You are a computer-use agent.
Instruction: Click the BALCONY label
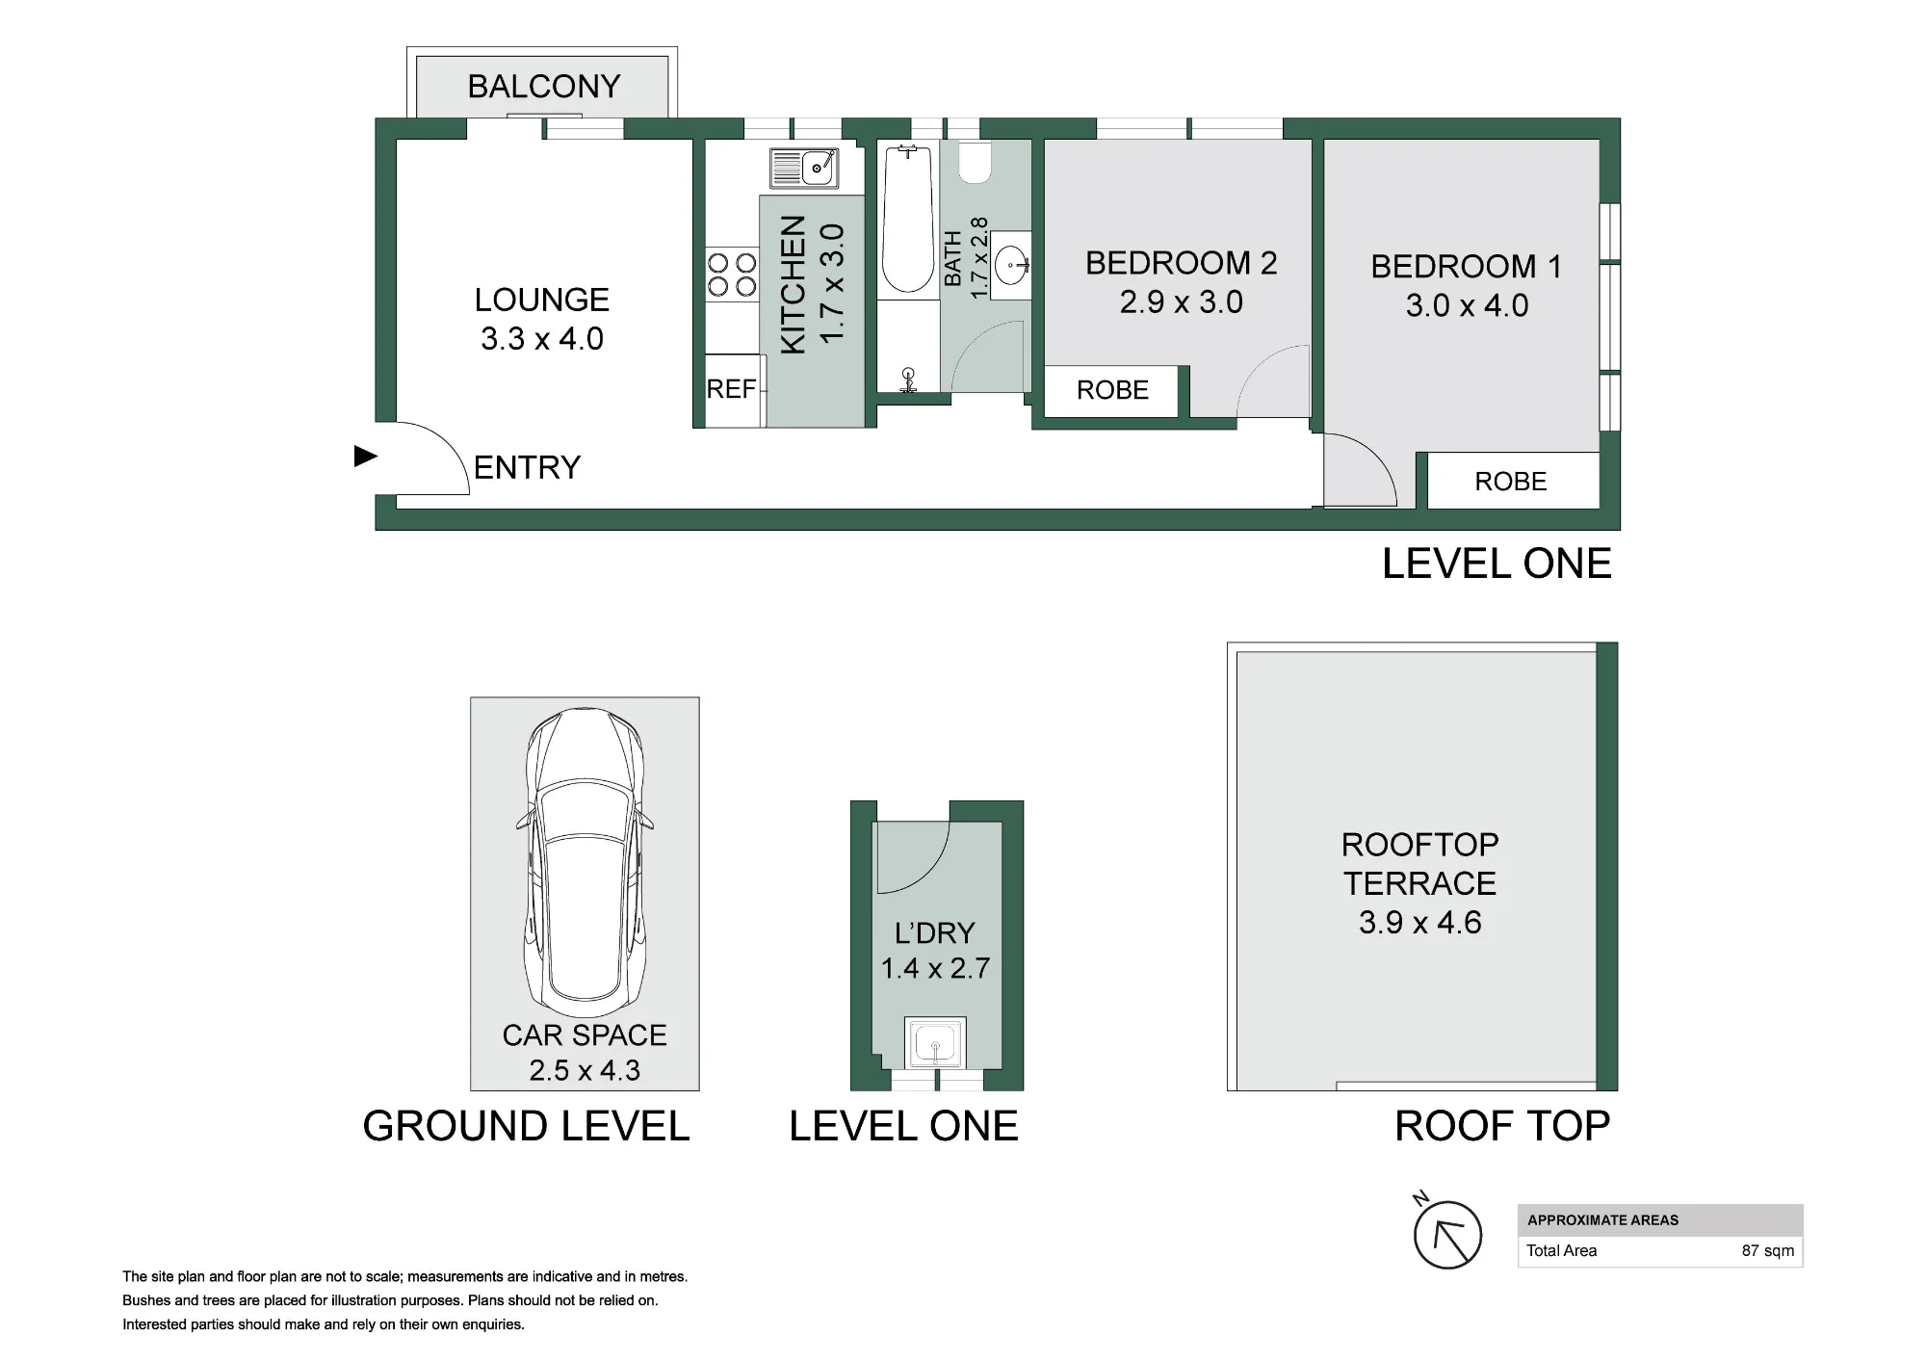pyautogui.click(x=544, y=87)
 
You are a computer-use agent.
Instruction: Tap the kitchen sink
pyautogui.click(x=804, y=168)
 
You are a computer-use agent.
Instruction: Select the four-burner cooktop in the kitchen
pyautogui.click(x=732, y=274)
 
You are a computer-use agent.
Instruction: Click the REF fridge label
pyautogui.click(x=731, y=389)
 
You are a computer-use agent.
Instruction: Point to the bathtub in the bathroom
pyautogui.click(x=908, y=219)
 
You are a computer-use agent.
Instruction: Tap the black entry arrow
pyautogui.click(x=366, y=457)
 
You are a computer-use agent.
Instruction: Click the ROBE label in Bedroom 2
pyautogui.click(x=1112, y=390)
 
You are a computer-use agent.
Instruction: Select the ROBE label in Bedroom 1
pyautogui.click(x=1510, y=482)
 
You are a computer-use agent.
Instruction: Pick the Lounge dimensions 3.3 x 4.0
pyautogui.click(x=542, y=339)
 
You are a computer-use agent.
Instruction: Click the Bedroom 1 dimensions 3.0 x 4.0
pyautogui.click(x=1467, y=305)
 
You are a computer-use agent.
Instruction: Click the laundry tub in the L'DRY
pyautogui.click(x=935, y=1043)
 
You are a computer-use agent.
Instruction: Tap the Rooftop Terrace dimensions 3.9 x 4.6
pyautogui.click(x=1419, y=923)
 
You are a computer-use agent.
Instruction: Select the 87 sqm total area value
pyautogui.click(x=1768, y=1251)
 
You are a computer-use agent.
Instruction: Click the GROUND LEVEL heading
pyautogui.click(x=526, y=1126)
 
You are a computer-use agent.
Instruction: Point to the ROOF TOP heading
pyautogui.click(x=1502, y=1126)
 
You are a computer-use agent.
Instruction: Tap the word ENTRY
pyautogui.click(x=528, y=468)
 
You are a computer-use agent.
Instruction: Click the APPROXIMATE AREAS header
pyautogui.click(x=1602, y=1220)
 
